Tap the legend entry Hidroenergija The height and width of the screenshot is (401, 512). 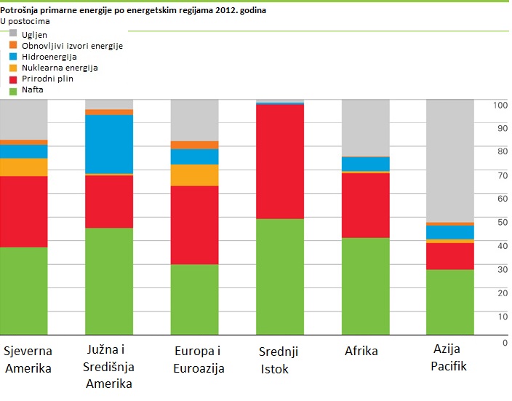[49, 57]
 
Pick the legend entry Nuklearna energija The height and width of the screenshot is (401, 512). [60, 68]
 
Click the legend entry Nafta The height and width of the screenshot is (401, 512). [32, 90]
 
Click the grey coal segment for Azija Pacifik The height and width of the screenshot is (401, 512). [449, 160]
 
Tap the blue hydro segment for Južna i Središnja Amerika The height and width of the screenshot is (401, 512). [109, 144]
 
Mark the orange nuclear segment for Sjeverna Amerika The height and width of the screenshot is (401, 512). [23, 167]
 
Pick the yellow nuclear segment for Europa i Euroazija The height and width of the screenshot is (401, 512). [194, 175]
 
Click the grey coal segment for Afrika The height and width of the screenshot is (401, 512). [365, 128]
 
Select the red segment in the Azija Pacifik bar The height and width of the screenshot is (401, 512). [449, 256]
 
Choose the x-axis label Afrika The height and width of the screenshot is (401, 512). [361, 351]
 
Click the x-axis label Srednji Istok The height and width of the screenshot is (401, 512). [279, 360]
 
